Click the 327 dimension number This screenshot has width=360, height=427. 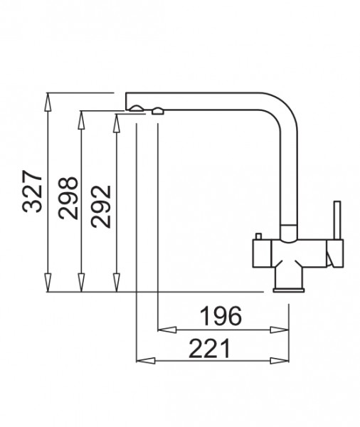tap(33, 191)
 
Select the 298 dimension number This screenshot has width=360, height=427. tap(68, 198)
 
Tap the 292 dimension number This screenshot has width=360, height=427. tap(101, 206)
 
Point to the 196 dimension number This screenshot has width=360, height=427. tap(221, 316)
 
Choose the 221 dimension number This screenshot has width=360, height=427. tap(209, 349)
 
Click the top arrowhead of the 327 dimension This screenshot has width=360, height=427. tap(48, 102)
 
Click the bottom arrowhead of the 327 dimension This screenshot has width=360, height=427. tap(48, 283)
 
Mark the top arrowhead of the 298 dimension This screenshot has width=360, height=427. tap(81, 120)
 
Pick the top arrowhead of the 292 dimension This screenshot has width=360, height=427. tap(117, 123)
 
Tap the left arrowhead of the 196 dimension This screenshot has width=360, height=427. tap(167, 330)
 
